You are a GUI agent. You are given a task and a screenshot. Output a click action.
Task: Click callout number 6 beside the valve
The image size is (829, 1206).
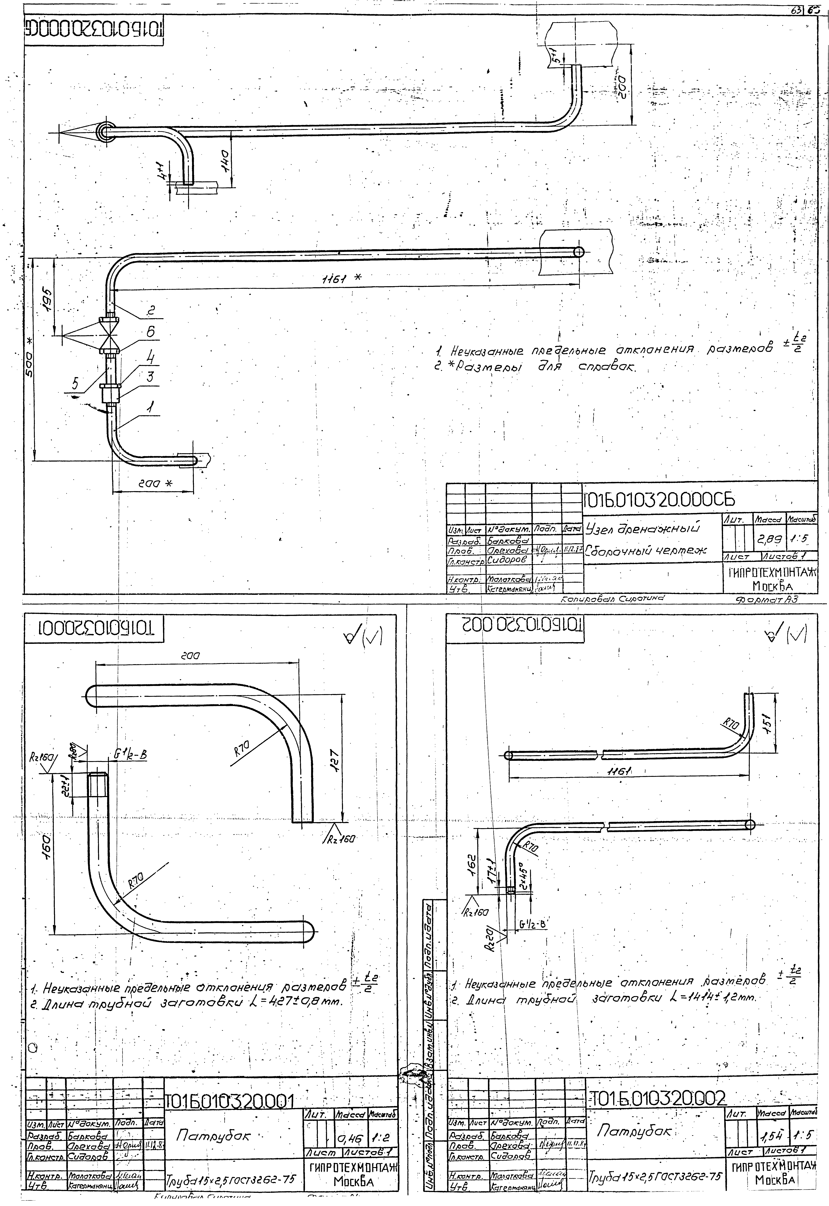151,331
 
